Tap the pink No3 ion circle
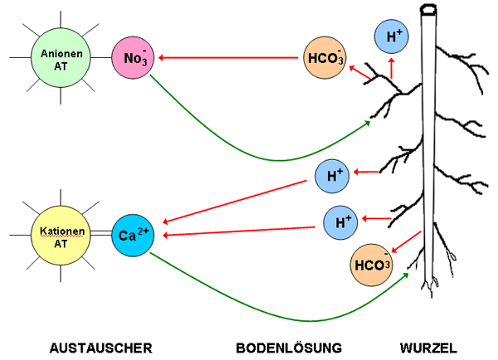pos(133,57)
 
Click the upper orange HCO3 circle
pos(325,57)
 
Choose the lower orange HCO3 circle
pos(372,265)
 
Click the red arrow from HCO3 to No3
pos(228,57)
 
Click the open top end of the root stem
pos(430,12)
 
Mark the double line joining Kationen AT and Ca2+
pos(100,236)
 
